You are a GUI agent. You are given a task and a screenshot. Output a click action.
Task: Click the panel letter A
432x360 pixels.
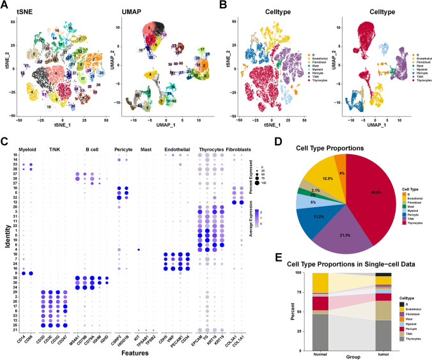4,5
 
